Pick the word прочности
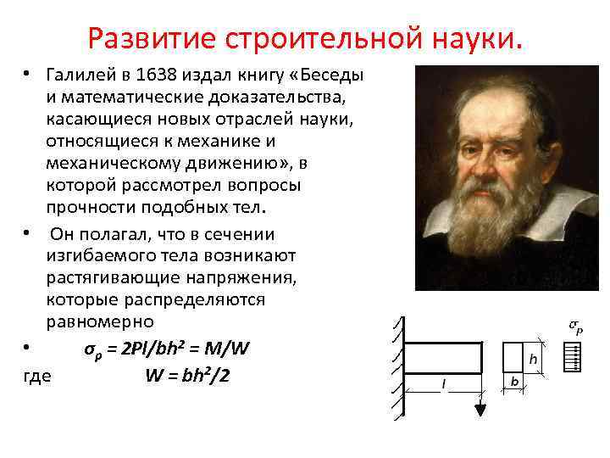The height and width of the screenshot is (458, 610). [93, 207]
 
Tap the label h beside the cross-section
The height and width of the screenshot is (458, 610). [533, 359]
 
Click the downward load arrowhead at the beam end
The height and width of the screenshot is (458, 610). [481, 411]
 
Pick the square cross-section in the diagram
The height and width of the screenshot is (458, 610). [514, 357]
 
